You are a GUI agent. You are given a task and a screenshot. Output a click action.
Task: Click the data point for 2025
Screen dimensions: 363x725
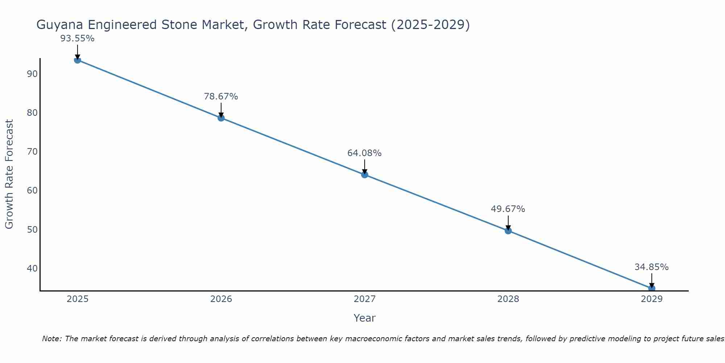point(77,60)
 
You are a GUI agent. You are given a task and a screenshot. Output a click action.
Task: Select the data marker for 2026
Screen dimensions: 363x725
point(221,118)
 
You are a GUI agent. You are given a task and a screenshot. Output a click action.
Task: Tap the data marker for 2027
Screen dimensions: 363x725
point(365,175)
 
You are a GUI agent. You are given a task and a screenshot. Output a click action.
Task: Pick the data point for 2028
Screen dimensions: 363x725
point(508,231)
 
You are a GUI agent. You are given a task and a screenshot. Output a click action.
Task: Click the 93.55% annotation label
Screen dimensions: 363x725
point(77,38)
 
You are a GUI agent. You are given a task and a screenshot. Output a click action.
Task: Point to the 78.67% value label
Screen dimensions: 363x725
point(221,97)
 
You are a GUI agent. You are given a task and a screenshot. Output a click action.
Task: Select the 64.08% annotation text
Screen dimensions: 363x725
point(364,153)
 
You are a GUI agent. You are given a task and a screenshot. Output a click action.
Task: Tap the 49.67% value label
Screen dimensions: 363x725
point(508,209)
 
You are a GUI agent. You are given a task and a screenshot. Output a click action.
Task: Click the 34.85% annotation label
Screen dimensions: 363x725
point(651,267)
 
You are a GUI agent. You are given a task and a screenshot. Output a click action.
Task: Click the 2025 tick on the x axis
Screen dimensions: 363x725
point(78,299)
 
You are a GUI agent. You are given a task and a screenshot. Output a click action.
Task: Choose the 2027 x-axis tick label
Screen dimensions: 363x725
point(365,299)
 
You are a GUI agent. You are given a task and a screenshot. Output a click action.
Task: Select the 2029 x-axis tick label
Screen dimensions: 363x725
point(651,299)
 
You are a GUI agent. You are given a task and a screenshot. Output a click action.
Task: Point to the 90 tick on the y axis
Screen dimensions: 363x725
point(32,74)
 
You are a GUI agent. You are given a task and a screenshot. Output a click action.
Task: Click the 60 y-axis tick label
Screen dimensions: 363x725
point(32,191)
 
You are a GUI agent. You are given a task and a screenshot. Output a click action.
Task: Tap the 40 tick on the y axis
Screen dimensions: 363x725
point(32,269)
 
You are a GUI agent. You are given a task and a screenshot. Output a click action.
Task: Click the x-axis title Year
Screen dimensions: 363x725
point(364,318)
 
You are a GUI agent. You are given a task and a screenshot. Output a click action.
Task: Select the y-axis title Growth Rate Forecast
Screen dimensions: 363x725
point(9,174)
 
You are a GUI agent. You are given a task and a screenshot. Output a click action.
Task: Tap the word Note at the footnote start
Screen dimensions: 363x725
point(52,339)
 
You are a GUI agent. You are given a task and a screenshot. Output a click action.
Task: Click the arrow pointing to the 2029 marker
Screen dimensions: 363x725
point(652,280)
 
